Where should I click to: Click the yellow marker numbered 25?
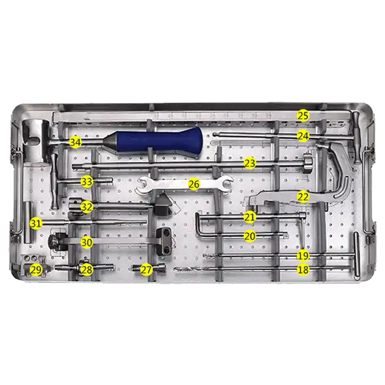(303, 115)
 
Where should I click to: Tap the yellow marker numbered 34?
(75, 142)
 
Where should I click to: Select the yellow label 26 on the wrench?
(194, 184)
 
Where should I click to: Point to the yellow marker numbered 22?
(303, 197)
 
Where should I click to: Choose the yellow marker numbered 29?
(36, 270)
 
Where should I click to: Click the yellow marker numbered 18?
(303, 269)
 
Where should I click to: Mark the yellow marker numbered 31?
(36, 223)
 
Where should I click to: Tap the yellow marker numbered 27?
(146, 270)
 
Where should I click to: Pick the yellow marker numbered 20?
(250, 236)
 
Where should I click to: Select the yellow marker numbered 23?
(250, 163)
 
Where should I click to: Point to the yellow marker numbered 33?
(87, 182)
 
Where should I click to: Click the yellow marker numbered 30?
(87, 243)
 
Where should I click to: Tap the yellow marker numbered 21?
(250, 217)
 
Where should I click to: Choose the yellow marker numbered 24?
(303, 136)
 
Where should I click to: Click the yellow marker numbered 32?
(87, 207)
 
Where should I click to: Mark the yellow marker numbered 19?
(303, 256)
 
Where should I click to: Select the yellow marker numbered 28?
(87, 270)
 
